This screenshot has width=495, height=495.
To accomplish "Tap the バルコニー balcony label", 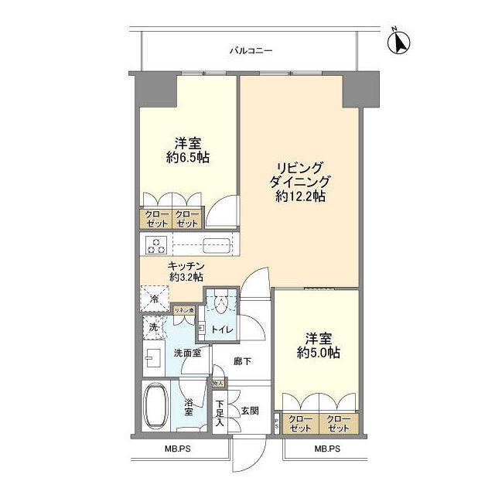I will click(x=251, y=52).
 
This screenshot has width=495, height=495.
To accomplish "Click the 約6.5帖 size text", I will click(x=188, y=157).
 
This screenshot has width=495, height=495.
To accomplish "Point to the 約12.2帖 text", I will click(x=300, y=196).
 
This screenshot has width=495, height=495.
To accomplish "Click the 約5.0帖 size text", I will click(x=316, y=353).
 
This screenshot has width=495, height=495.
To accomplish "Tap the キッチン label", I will click(x=186, y=265).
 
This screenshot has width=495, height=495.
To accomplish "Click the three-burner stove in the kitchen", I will click(x=157, y=245).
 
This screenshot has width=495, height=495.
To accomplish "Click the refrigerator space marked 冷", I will click(x=152, y=298).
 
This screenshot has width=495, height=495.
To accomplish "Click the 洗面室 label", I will click(x=186, y=353).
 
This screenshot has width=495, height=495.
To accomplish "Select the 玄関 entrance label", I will click(x=248, y=410).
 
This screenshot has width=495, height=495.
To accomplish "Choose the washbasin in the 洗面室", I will click(x=153, y=358).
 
